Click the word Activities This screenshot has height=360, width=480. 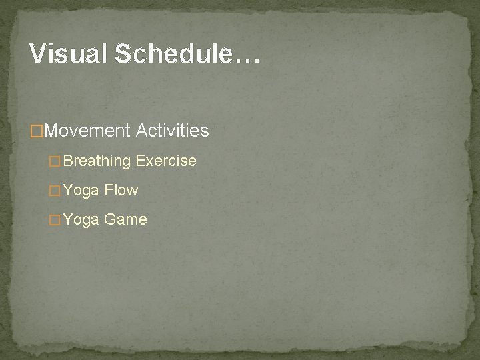(172, 131)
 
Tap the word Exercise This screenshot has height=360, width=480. (166, 161)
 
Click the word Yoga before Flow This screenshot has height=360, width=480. (81, 191)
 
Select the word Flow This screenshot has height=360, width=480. (121, 191)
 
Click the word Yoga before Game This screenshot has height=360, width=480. (81, 220)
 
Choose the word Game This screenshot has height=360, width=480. (125, 220)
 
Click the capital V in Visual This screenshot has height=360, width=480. (37, 54)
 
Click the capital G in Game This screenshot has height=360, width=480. (109, 220)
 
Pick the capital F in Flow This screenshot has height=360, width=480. (108, 191)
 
